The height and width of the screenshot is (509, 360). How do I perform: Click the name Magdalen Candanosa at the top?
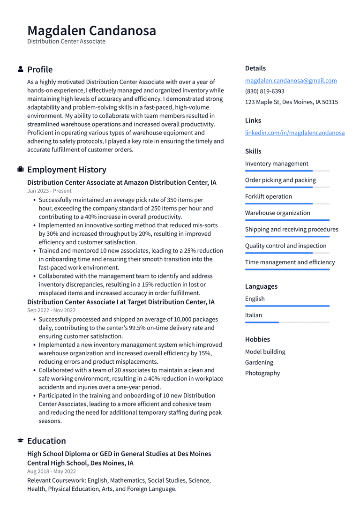[91, 30]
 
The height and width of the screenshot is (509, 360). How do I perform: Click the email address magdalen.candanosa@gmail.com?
[291, 81]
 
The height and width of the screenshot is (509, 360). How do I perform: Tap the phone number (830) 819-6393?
[264, 91]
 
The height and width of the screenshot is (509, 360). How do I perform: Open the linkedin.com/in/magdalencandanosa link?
[294, 133]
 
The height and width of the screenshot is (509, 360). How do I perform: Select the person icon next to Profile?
[21, 69]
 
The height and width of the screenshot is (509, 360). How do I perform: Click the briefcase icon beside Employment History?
[21, 169]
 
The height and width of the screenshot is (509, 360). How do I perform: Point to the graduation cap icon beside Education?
[21, 441]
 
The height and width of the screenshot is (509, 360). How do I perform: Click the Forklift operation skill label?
[268, 196]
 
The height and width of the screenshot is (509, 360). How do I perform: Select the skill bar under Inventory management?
[287, 171]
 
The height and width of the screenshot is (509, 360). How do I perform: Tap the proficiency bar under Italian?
[287, 322]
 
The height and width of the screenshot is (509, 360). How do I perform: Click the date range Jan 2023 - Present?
[49, 191]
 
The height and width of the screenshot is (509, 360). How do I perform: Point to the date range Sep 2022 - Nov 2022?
[51, 310]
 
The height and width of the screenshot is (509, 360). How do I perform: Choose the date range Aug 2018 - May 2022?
[51, 472]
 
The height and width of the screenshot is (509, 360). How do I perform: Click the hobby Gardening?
[259, 362]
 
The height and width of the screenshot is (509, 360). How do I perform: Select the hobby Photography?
[262, 373]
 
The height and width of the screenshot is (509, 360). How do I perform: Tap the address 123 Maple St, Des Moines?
[291, 102]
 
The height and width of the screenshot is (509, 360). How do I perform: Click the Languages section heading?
[261, 286]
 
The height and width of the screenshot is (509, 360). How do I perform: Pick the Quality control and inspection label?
[285, 246]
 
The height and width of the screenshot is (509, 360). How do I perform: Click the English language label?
[255, 299]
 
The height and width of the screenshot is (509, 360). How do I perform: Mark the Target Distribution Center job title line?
[120, 302]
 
